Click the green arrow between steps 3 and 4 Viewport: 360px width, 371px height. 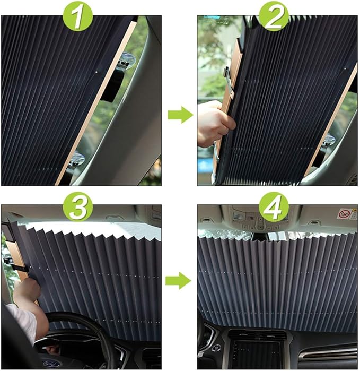coord(180,281)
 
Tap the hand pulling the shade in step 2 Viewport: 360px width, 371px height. coord(214,124)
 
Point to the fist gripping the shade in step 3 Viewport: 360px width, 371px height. coord(27,289)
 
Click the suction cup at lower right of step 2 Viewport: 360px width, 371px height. coord(329,140)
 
